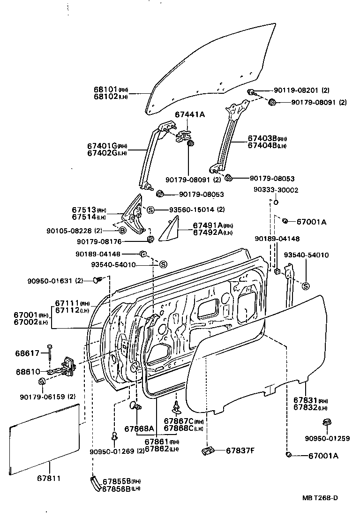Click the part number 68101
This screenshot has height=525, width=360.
point(105,90)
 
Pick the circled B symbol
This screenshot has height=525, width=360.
point(121,230)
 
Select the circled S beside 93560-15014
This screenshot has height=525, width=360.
point(150,209)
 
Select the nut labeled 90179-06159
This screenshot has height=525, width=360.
point(41,381)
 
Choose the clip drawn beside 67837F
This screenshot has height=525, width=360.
point(208,451)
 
